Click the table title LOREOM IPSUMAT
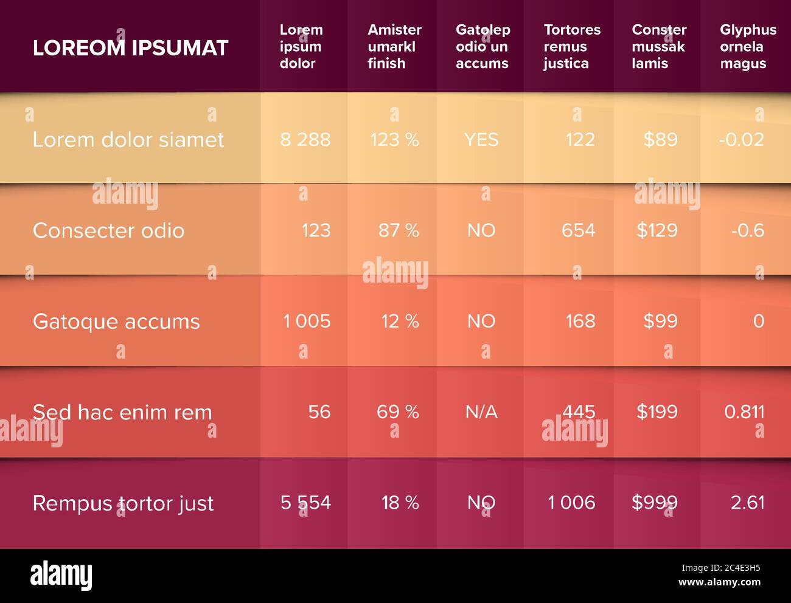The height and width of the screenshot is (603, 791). pyautogui.click(x=130, y=48)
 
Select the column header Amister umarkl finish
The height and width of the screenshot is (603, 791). pyautogui.click(x=395, y=46)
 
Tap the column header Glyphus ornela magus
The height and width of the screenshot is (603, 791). pyautogui.click(x=748, y=46)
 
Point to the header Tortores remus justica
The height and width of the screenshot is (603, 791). pyautogui.click(x=573, y=46)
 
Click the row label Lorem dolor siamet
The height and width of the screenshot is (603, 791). pyautogui.click(x=128, y=140)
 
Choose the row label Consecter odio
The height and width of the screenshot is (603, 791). pyautogui.click(x=108, y=230)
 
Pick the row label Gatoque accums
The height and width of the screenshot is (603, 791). pyautogui.click(x=116, y=322)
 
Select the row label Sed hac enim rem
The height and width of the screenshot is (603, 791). pyautogui.click(x=122, y=412)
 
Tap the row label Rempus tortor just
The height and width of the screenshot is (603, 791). pyautogui.click(x=124, y=503)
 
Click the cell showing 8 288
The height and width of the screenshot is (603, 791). pyautogui.click(x=305, y=140)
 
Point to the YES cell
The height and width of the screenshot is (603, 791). pyautogui.click(x=481, y=140)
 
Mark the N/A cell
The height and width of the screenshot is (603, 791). pyautogui.click(x=481, y=412)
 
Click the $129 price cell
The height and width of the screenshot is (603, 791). pyautogui.click(x=657, y=230)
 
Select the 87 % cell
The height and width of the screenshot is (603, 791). pyautogui.click(x=399, y=230)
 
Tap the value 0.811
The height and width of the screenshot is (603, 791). pyautogui.click(x=744, y=412)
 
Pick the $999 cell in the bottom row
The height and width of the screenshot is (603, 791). pyautogui.click(x=655, y=503)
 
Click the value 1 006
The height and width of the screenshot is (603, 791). pyautogui.click(x=571, y=503)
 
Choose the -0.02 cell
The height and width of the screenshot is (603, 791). pyautogui.click(x=742, y=140)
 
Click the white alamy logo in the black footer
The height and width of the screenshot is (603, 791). pyautogui.click(x=61, y=575)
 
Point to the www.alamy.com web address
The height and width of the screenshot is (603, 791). pyautogui.click(x=719, y=582)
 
